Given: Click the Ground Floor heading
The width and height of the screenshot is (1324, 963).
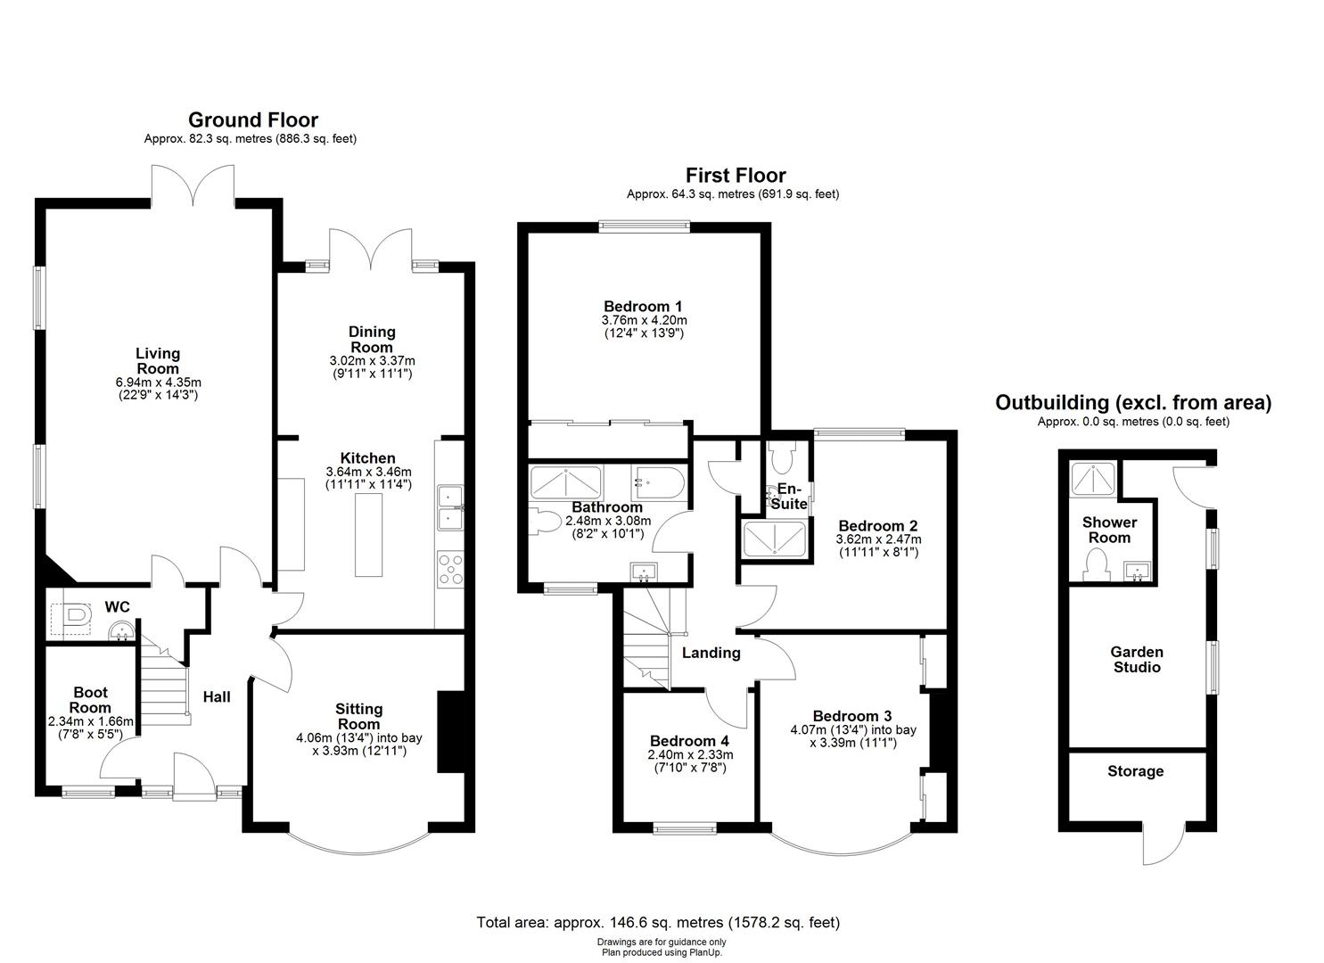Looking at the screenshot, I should click(252, 119).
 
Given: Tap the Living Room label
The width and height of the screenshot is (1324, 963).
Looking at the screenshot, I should click(157, 361).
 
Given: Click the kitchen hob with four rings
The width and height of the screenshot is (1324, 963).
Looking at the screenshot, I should click(450, 569).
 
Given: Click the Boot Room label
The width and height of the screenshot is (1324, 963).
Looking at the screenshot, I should click(90, 699).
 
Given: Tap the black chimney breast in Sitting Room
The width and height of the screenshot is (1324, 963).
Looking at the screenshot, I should click(449, 731).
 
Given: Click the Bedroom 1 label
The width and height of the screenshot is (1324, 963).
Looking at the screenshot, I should click(643, 306).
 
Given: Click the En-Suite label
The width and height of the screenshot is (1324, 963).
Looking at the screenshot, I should click(790, 497).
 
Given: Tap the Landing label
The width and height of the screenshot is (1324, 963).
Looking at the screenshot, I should click(711, 653).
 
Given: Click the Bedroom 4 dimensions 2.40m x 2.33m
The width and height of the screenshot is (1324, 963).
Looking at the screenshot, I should click(689, 754).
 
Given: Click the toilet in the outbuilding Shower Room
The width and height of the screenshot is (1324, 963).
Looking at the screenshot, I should click(1096, 564).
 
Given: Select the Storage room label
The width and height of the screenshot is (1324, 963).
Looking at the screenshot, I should click(1135, 771).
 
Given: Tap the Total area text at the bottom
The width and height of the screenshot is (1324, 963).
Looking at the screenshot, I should click(658, 923).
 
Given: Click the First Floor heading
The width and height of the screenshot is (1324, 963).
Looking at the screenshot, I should click(735, 176).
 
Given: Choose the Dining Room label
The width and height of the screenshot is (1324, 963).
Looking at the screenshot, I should click(371, 339).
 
